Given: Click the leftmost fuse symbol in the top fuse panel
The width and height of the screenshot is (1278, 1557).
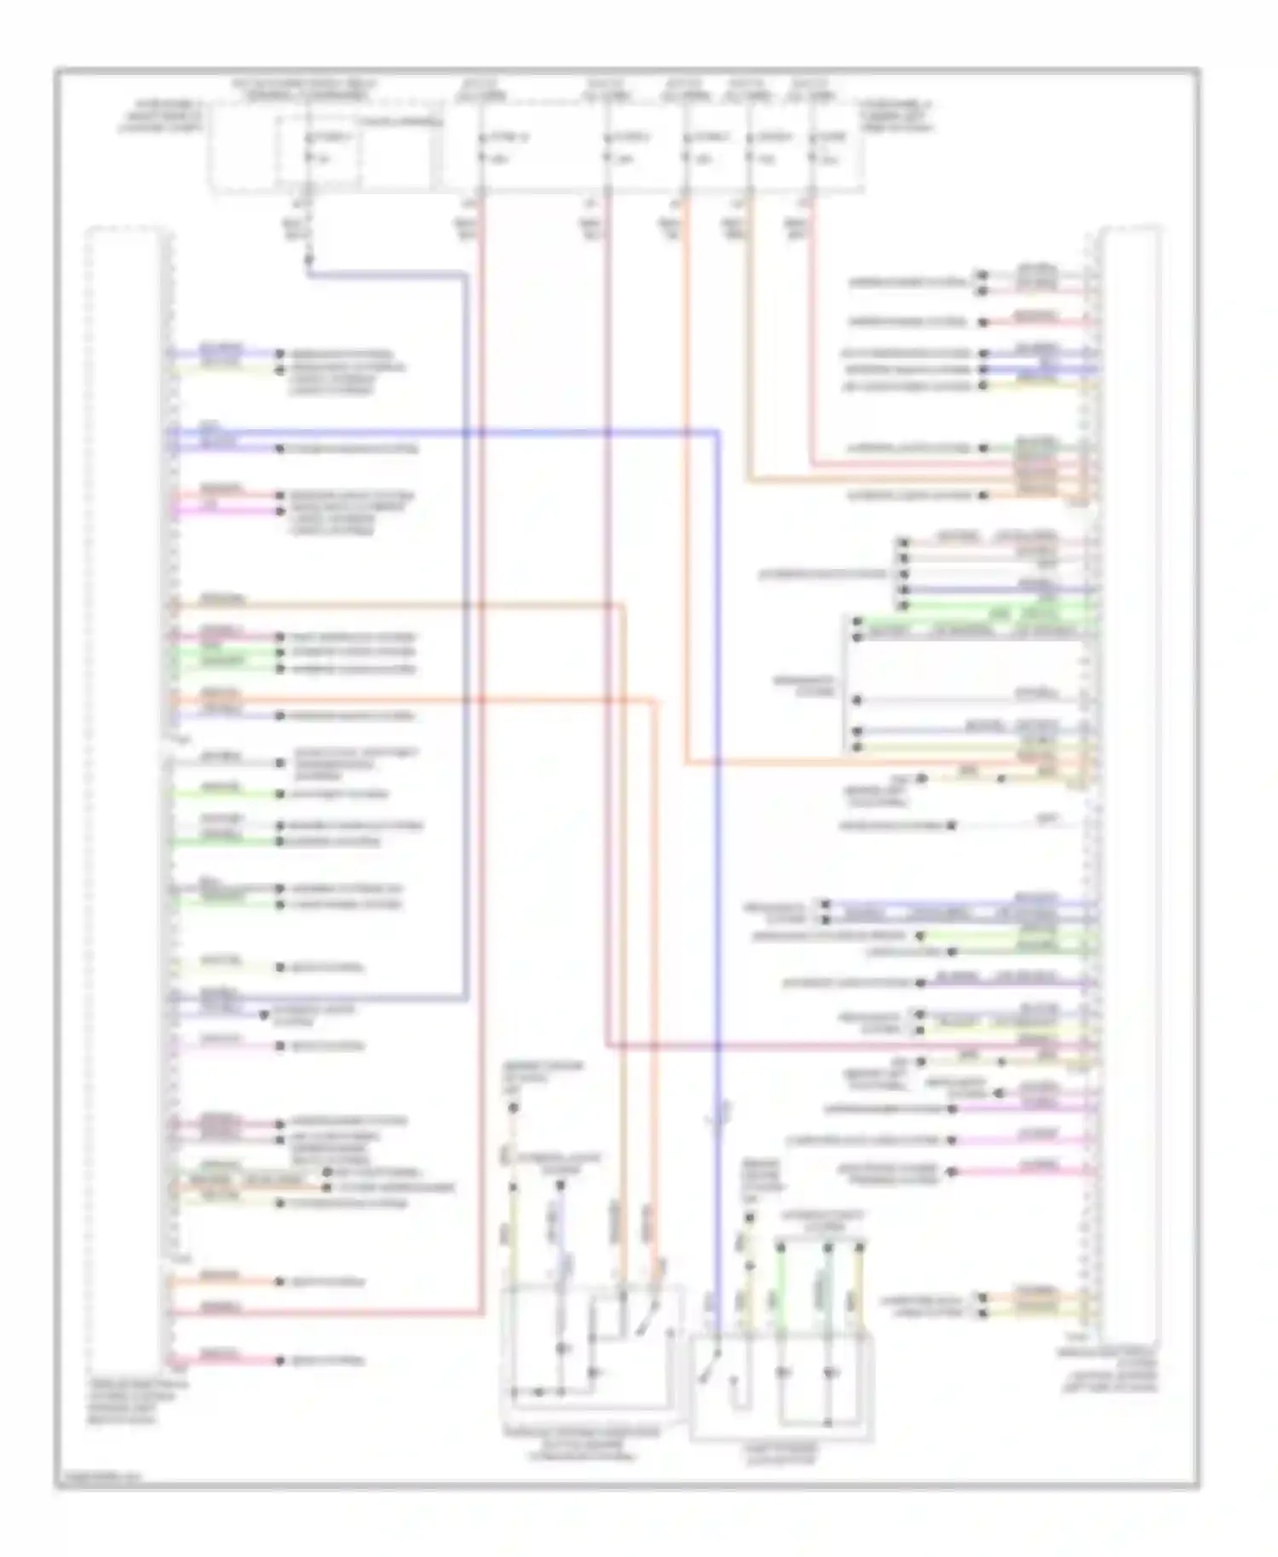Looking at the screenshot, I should pyautogui.click(x=308, y=147).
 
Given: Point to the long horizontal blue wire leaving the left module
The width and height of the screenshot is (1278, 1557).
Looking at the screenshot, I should pyautogui.click(x=443, y=433).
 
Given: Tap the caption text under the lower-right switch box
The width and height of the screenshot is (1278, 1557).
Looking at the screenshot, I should pyautogui.click(x=781, y=1454).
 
